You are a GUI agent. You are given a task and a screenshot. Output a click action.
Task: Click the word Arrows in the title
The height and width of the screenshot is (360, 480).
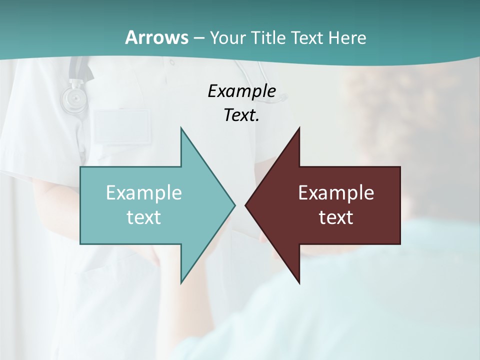156,37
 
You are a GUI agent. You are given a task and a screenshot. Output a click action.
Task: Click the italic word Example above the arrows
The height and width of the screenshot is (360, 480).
241,91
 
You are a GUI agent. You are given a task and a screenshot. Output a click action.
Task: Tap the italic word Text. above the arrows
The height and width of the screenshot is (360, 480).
241,115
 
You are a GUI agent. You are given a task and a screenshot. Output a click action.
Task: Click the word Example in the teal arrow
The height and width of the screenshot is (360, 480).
144,193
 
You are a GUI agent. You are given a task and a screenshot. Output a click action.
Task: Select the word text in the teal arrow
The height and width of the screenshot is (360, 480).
144,217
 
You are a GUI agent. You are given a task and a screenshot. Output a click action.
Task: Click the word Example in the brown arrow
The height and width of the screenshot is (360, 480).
336,193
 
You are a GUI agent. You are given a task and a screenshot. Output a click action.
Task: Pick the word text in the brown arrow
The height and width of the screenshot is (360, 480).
336,217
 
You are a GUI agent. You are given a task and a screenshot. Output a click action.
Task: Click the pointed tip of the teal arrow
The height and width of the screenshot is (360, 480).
234,205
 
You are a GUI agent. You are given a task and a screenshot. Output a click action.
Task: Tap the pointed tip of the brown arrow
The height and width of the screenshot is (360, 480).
245,205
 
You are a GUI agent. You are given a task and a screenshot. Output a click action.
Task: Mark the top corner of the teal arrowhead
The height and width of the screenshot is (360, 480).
181,128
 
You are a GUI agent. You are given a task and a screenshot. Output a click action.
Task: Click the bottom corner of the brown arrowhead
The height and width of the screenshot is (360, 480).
299,283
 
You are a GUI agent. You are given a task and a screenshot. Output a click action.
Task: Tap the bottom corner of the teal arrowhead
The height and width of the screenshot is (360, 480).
181,283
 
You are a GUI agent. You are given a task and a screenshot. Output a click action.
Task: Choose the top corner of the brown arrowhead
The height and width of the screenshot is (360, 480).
299,128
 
